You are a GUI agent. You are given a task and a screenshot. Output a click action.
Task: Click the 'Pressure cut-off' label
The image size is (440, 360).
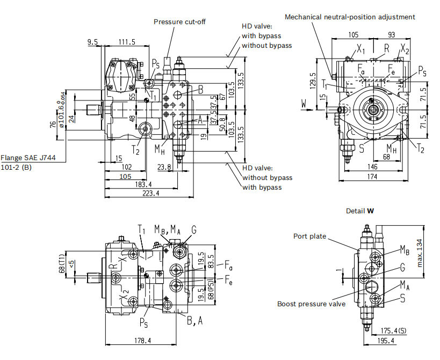(x=179, y=22)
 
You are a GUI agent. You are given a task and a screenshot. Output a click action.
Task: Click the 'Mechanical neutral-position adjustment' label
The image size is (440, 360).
(x=350, y=17)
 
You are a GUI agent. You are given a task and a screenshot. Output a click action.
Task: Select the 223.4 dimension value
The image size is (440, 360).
(x=150, y=193)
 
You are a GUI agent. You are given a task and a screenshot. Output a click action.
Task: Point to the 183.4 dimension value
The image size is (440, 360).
(x=143, y=184)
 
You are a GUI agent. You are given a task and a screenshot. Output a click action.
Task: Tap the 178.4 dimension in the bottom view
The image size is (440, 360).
(x=142, y=341)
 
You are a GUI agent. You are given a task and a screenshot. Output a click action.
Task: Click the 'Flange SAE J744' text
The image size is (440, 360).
(x=28, y=157)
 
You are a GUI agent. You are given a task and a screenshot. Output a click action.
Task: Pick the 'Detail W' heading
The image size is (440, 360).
(x=360, y=211)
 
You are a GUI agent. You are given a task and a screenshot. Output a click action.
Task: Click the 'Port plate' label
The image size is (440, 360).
(x=310, y=236)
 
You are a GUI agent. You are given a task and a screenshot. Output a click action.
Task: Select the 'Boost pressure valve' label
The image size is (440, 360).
(x=311, y=304)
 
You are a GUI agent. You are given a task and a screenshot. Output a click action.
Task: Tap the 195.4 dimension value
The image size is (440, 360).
(x=386, y=341)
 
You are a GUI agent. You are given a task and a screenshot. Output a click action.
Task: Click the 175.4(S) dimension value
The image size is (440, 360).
(x=393, y=331)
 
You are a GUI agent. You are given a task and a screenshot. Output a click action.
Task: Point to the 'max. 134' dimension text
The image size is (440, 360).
(x=420, y=253)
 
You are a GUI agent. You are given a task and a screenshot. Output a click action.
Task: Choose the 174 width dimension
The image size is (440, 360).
(x=372, y=177)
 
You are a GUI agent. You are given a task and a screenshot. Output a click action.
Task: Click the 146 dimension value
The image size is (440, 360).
(x=372, y=167)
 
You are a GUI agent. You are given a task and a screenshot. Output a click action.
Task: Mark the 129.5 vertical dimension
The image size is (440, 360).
(x=313, y=81)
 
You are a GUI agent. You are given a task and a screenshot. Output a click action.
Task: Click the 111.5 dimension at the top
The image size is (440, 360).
(x=127, y=42)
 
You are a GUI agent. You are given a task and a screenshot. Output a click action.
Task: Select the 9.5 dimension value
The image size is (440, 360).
(x=92, y=42)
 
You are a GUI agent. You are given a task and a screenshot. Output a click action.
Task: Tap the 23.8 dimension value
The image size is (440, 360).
(x=164, y=167)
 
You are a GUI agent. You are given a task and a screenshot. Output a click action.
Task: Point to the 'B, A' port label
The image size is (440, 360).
(x=194, y=321)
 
